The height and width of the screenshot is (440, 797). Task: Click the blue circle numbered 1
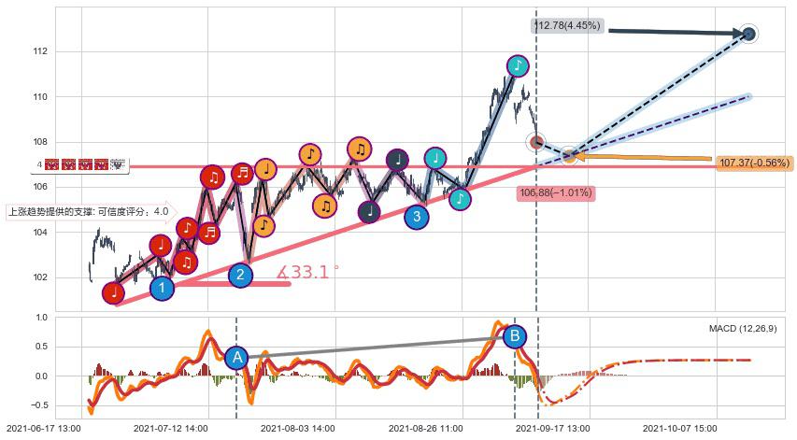tap(163, 288)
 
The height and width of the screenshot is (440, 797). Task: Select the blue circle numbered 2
tap(240, 275)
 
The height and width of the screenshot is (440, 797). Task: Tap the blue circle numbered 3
tap(417, 217)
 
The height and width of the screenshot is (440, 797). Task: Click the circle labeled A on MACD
tap(236, 357)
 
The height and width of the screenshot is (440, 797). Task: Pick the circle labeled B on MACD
tap(513, 336)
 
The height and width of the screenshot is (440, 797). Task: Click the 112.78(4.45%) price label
tap(566, 26)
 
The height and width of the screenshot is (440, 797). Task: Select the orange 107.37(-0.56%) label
tap(754, 163)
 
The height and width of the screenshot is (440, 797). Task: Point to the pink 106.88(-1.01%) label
tap(555, 192)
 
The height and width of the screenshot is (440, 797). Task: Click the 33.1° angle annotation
tap(308, 273)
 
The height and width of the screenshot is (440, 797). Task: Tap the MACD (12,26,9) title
tap(742, 328)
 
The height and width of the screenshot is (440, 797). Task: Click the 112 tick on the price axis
tap(40, 51)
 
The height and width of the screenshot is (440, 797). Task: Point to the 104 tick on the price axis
tap(40, 233)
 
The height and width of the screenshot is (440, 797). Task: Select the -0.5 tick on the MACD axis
tap(38, 405)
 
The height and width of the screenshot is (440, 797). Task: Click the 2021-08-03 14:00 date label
tap(297, 428)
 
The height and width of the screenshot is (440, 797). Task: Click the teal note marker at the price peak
tap(518, 65)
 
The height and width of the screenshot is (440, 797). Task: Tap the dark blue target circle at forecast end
tap(748, 34)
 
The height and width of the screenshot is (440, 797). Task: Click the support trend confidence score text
tap(89, 211)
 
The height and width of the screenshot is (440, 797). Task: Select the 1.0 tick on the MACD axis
tap(40, 318)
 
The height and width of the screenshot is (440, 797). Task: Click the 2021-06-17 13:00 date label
tap(43, 428)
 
